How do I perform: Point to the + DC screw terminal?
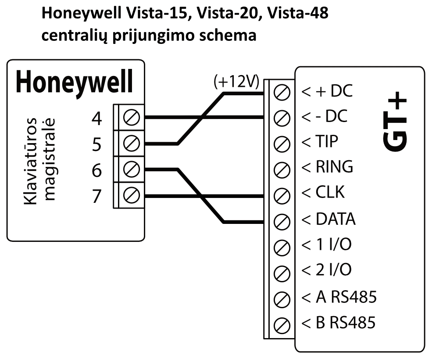pos(281,93)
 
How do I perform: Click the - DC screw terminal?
pos(281,118)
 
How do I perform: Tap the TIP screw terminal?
pos(281,143)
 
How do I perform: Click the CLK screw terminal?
pos(281,194)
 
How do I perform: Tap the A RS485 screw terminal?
pos(281,300)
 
